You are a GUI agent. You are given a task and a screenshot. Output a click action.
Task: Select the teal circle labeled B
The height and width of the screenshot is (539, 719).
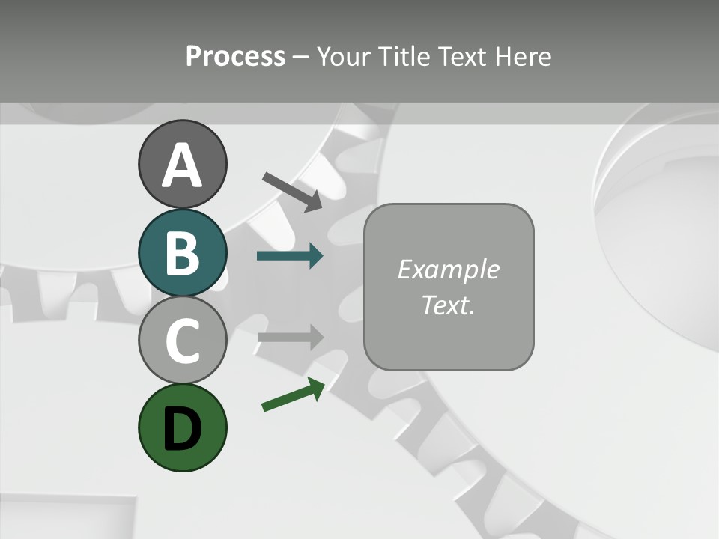coord(182,252)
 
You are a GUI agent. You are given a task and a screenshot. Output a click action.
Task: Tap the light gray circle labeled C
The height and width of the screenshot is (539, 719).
coord(182,341)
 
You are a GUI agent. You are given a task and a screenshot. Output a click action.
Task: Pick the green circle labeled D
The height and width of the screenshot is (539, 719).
coord(182,427)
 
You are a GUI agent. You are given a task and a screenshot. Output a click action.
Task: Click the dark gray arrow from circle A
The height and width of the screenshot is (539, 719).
coord(292,192)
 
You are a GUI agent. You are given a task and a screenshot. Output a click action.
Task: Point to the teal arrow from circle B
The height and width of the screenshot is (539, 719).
coord(290,256)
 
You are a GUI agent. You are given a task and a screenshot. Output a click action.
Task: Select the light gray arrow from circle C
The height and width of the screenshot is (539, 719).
coord(290,337)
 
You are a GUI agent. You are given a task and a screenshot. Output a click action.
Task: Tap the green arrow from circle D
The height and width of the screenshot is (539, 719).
coord(293,395)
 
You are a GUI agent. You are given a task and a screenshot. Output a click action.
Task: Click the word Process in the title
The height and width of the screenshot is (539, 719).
coord(235,57)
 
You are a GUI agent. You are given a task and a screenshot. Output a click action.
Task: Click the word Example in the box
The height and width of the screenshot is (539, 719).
coord(448,269)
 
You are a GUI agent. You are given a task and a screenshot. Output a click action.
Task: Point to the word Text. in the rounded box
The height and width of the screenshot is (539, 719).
coord(448,305)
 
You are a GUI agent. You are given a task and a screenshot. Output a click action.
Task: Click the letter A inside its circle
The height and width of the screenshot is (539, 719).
coord(182,165)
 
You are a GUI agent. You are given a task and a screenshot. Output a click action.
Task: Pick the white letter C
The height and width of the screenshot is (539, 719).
coord(182,341)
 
